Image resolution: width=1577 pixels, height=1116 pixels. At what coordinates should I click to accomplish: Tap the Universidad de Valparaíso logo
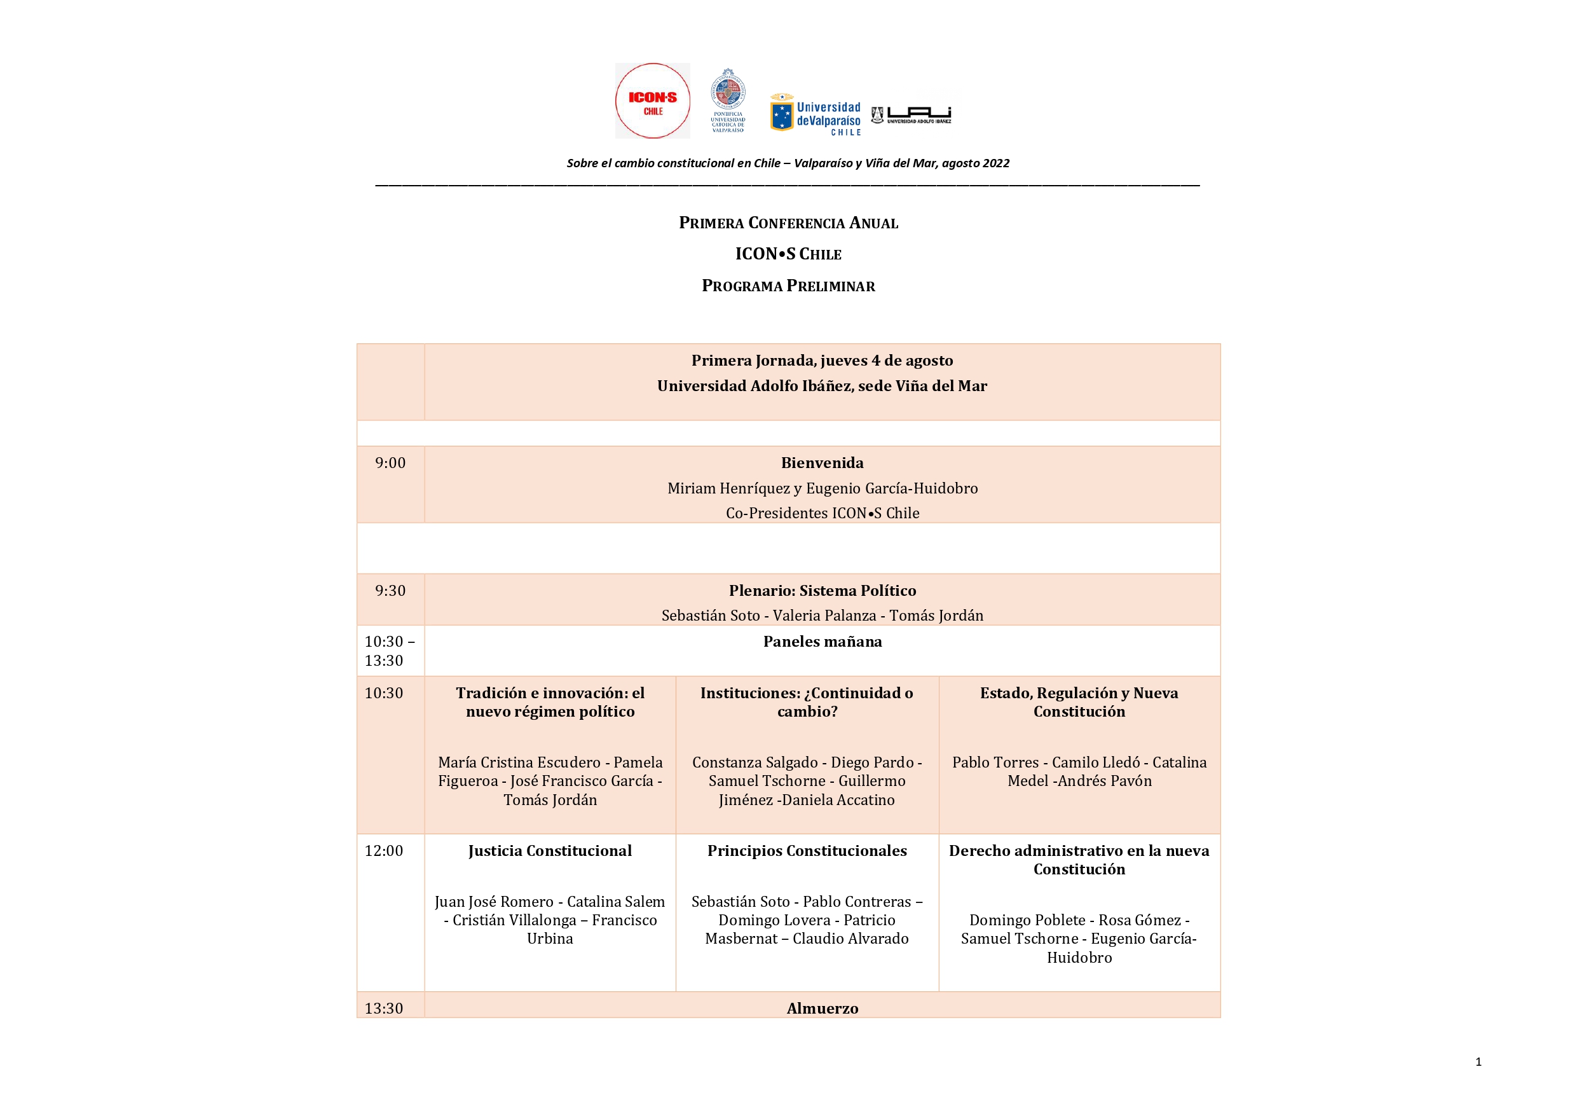[816, 114]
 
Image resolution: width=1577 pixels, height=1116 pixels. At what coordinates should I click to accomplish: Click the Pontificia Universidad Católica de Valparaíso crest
[727, 100]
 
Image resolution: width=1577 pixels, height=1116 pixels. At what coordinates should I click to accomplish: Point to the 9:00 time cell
[390, 463]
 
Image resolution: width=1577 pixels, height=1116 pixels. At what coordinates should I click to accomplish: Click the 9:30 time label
[390, 591]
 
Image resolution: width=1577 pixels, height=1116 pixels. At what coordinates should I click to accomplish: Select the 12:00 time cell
[384, 851]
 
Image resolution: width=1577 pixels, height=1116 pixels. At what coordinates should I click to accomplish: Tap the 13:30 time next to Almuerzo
[384, 1008]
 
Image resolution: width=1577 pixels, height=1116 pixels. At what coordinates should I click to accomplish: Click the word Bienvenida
[822, 463]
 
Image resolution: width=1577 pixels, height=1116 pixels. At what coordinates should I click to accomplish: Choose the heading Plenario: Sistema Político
[822, 591]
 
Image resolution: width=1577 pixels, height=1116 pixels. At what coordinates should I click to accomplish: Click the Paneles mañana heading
[822, 642]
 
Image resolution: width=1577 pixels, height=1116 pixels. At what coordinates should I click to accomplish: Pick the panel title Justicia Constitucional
[550, 851]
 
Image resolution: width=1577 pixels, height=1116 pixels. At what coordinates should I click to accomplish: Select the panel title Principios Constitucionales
[807, 851]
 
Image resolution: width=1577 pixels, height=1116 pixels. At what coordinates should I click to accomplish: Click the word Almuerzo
[822, 1008]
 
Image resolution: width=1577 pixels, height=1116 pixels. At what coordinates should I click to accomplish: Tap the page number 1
[1478, 1062]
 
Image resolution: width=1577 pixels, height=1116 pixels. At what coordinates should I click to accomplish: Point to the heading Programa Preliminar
[788, 286]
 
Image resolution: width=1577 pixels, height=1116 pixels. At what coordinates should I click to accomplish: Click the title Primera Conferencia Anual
[788, 223]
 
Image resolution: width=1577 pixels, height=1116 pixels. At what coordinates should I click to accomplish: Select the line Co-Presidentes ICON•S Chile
[822, 513]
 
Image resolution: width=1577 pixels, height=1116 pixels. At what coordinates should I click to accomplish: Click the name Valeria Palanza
[824, 616]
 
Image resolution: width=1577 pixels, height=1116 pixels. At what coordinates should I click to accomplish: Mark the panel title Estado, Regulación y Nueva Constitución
[1079, 702]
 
